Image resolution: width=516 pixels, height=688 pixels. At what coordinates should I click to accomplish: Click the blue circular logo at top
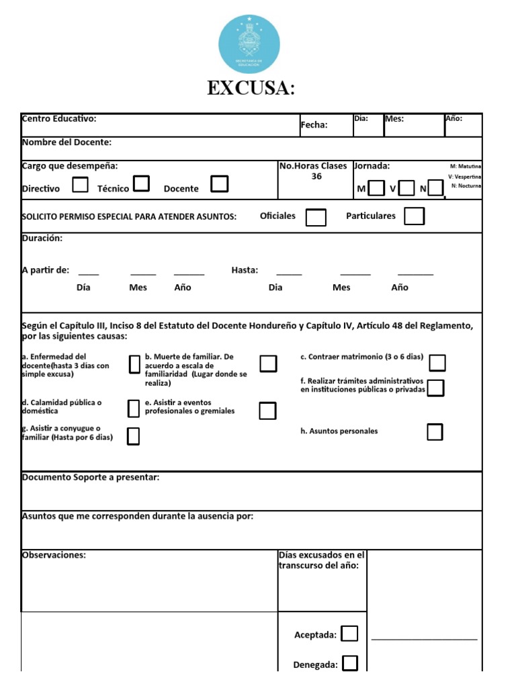tap(250, 44)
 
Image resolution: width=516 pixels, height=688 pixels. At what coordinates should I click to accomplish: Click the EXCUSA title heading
tap(251, 89)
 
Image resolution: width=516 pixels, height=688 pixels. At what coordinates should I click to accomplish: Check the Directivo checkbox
tap(80, 185)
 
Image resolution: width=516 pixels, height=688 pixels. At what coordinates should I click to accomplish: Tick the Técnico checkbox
tap(141, 183)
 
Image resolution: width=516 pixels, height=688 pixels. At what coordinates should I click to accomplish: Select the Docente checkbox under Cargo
tap(219, 184)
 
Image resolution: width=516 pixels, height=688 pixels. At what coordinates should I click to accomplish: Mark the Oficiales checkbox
tap(316, 217)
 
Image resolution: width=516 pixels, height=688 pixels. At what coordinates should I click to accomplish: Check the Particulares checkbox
tap(414, 216)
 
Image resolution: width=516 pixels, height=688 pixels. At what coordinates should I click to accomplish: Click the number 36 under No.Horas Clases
tap(316, 177)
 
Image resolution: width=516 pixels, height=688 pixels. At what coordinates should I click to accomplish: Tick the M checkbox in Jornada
tap(377, 188)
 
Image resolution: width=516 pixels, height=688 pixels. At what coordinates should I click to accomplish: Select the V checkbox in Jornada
tap(406, 188)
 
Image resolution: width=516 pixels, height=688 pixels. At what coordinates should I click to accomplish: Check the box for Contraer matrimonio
tap(437, 363)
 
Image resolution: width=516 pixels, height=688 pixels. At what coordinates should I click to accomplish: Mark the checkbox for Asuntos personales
tap(435, 432)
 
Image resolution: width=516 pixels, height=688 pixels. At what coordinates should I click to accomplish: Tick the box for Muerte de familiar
tap(268, 363)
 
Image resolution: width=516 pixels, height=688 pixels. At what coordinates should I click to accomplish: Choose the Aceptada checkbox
tap(349, 634)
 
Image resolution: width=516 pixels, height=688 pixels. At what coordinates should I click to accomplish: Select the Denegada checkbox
tap(349, 664)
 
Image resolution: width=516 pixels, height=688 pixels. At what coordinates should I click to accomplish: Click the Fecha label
tap(314, 125)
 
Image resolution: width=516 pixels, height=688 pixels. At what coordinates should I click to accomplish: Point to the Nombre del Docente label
tap(67, 142)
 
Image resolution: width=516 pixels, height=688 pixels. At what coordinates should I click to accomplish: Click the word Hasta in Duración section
tap(245, 270)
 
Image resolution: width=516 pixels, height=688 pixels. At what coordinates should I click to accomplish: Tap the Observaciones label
tap(54, 555)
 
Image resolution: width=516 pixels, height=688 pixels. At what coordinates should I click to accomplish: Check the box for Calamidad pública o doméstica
tap(134, 407)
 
